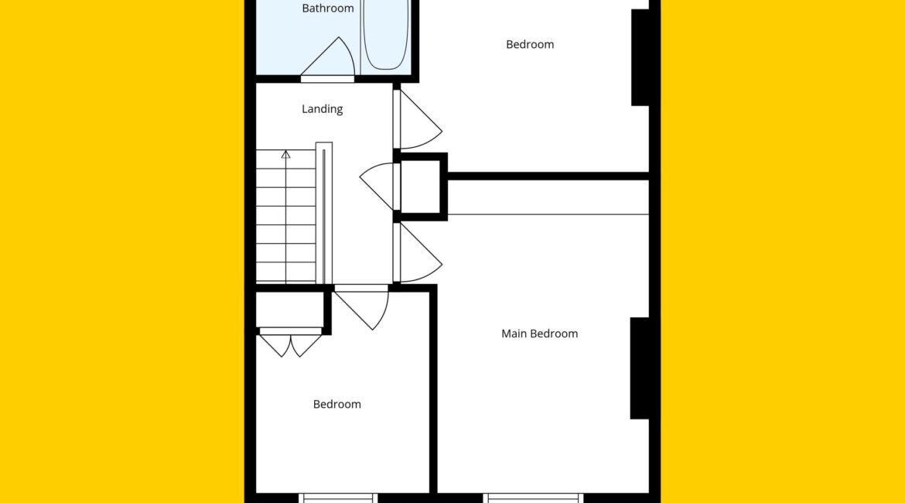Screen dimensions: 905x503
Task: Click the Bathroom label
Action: [x=328, y=8]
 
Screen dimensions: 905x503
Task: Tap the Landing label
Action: [x=322, y=108]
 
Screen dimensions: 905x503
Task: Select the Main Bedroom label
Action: [x=539, y=334]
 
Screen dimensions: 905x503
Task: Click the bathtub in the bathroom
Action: [x=385, y=35]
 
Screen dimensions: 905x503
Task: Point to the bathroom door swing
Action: [x=332, y=58]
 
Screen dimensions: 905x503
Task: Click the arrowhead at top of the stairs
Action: [x=285, y=154]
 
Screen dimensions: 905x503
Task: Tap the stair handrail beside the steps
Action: [x=324, y=214]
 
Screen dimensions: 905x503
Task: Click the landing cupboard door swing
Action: [x=378, y=186]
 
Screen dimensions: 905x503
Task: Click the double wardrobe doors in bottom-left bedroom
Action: [x=290, y=343]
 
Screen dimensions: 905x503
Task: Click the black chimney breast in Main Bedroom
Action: [x=640, y=368]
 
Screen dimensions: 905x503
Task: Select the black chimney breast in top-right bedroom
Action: [x=640, y=57]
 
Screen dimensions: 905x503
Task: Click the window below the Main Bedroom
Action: [x=533, y=498]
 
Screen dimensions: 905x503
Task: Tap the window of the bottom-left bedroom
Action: [x=338, y=498]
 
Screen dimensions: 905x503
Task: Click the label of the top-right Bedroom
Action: [x=530, y=44]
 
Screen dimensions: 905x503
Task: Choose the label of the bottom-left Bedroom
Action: [x=337, y=404]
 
